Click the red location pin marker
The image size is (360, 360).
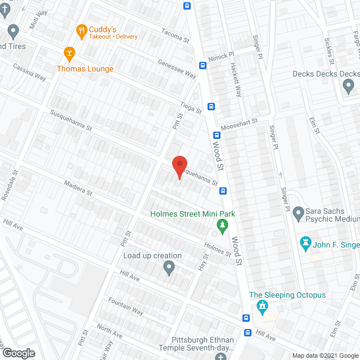point(179,166)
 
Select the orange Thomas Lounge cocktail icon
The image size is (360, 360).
point(70,53)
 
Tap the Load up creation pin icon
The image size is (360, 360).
point(169,268)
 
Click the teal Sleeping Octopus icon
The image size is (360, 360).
point(261,307)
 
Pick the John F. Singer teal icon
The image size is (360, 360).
point(306,244)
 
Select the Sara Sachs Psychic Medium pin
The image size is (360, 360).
point(298,213)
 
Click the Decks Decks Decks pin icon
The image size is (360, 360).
point(348,86)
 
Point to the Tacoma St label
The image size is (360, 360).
point(175,36)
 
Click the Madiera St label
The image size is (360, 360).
point(78,188)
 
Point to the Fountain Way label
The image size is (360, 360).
point(125,306)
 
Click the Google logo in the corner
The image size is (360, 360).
point(18,353)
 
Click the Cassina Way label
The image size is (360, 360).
point(30,71)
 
